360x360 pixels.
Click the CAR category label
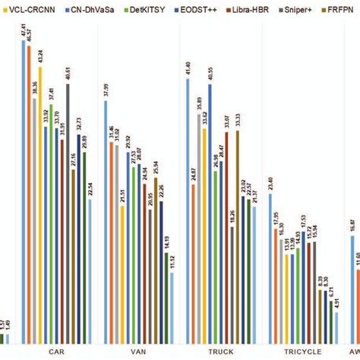56,352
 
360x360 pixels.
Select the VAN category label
137,352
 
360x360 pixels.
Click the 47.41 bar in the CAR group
24,190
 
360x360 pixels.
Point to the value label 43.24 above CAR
40,58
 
